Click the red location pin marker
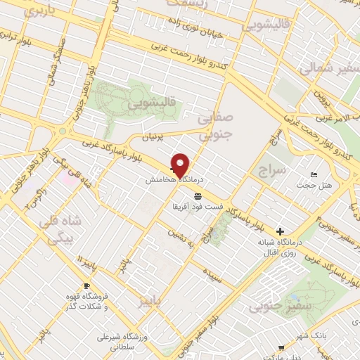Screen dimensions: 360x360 pos(181,165)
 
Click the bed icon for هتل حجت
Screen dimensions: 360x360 pos(314,174)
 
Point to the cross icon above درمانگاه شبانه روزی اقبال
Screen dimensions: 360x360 pos(280,231)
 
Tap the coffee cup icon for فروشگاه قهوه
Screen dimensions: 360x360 pos(87,286)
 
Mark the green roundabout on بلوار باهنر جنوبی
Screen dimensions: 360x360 pos(63,131)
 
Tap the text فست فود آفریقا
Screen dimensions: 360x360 pos(198,207)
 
